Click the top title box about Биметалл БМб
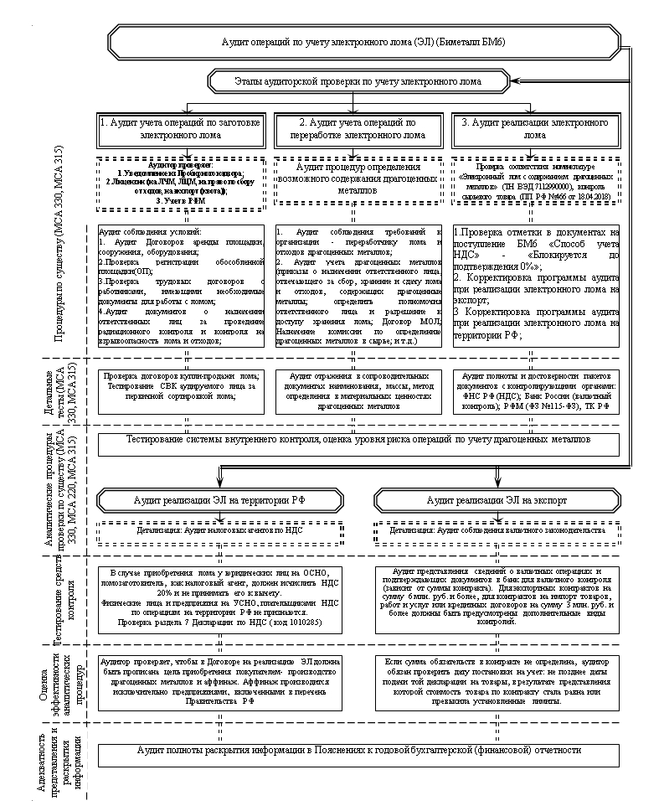click(x=363, y=42)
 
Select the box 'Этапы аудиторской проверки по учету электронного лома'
click(x=358, y=82)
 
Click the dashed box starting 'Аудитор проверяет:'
click(x=180, y=182)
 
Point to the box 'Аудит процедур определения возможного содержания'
click(x=358, y=183)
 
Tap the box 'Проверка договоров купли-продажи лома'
click(x=180, y=390)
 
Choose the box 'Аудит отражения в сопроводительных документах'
click(x=358, y=390)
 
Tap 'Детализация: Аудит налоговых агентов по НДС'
click(x=220, y=530)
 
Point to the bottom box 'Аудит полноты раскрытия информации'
click(x=358, y=751)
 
